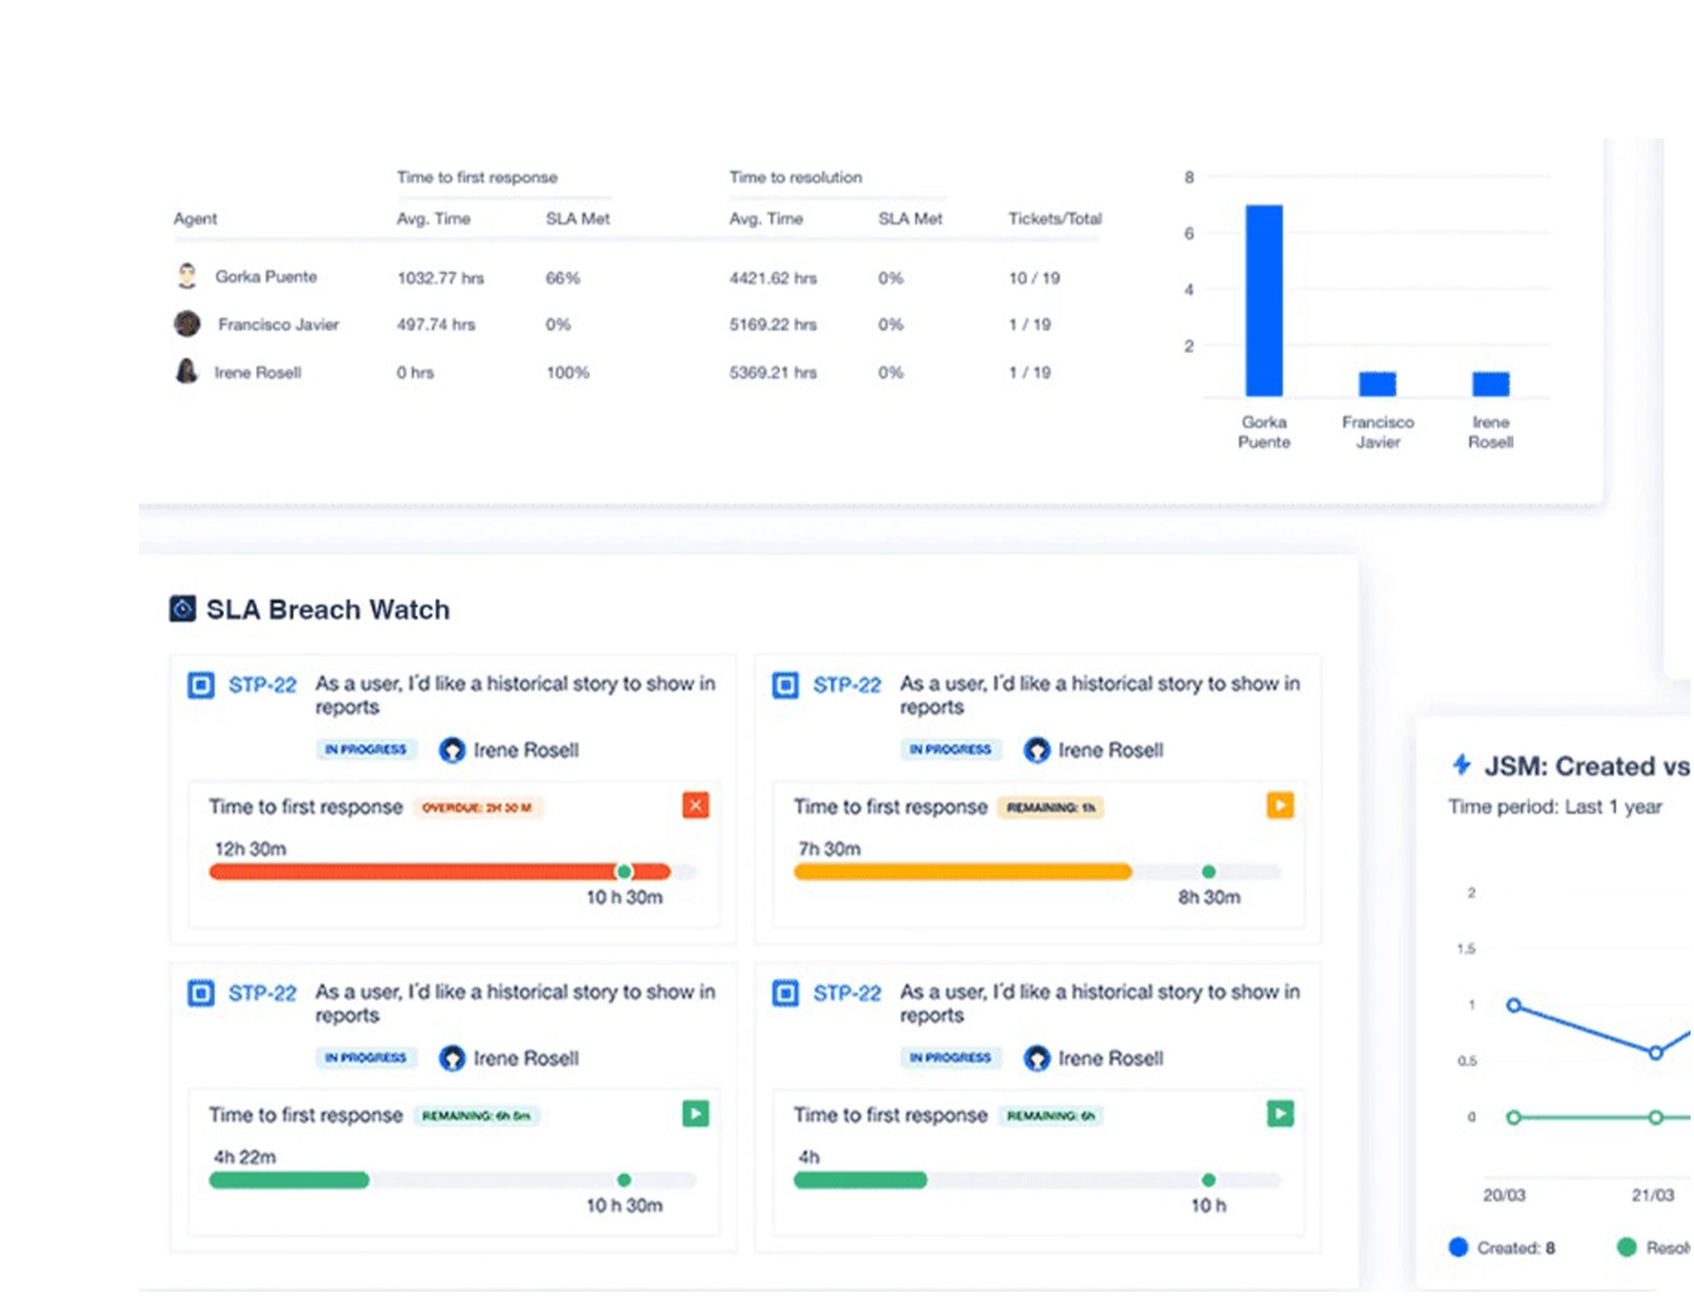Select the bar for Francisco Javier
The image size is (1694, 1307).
1377,383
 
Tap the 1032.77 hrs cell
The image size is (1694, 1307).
440,278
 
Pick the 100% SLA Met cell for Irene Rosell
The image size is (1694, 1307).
567,372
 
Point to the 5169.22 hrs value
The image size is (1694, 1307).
772,324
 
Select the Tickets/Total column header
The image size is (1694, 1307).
1054,219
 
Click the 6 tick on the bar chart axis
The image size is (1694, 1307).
1188,233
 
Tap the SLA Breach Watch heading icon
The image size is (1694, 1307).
182,609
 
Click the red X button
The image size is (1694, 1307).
695,805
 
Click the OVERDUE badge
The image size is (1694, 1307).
477,808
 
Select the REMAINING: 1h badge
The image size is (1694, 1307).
1050,808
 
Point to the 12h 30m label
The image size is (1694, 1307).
250,848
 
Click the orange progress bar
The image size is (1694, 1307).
962,872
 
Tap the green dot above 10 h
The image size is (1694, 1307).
1208,1180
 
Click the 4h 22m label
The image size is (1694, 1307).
245,1156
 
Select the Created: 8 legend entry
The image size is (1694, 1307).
1502,1248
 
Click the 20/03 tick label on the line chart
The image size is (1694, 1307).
1503,1194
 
